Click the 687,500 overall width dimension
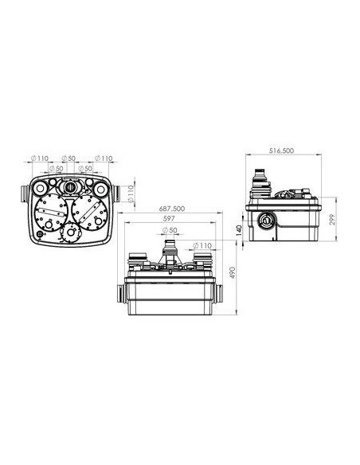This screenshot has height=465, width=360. pos(172,209)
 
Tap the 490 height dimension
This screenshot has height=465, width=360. pos(233,273)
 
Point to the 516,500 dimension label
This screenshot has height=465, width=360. pos(281,150)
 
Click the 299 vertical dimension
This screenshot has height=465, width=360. pos(332,220)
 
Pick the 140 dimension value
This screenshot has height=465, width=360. pos(239,230)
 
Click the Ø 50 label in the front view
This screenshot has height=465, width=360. pos(170,230)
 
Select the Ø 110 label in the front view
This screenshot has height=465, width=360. pos(202,245)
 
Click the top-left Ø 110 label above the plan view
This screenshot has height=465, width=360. pos(40,158)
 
